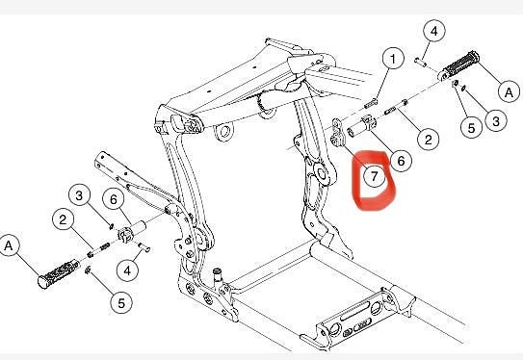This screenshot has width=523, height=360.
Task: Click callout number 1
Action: coord(393,61)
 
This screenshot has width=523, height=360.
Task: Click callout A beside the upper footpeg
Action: coord(509,91)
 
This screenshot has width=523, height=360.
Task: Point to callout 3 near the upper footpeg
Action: coord(495,121)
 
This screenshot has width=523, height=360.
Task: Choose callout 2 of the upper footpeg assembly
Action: coord(429,139)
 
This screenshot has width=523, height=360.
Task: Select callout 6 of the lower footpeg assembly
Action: coord(114,199)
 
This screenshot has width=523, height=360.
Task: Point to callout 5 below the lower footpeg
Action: coord(119,303)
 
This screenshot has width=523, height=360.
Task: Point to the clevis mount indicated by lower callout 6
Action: coord(125,234)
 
